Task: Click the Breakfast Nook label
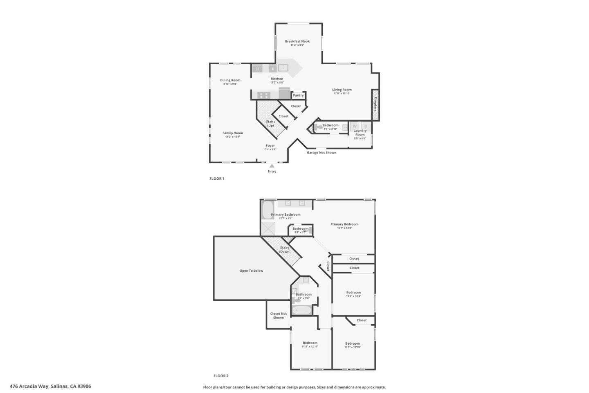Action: click(297, 41)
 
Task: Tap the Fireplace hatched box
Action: click(375, 101)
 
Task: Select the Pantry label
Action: click(298, 95)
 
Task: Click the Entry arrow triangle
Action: click(272, 166)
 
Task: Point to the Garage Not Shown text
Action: click(321, 153)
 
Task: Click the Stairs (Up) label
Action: click(270, 124)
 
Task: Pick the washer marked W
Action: click(355, 126)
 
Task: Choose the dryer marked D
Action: click(366, 126)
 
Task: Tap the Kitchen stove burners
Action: click(264, 95)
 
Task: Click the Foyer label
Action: click(270, 146)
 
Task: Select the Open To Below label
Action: click(251, 271)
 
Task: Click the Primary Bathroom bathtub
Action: click(267, 210)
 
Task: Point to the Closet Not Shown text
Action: click(279, 316)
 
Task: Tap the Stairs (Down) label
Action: click(285, 249)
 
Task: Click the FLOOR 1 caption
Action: click(217, 178)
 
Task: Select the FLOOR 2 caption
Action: click(221, 376)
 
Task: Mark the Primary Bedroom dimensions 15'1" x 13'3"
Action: click(344, 228)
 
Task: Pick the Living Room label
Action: click(342, 90)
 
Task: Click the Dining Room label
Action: click(230, 80)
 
